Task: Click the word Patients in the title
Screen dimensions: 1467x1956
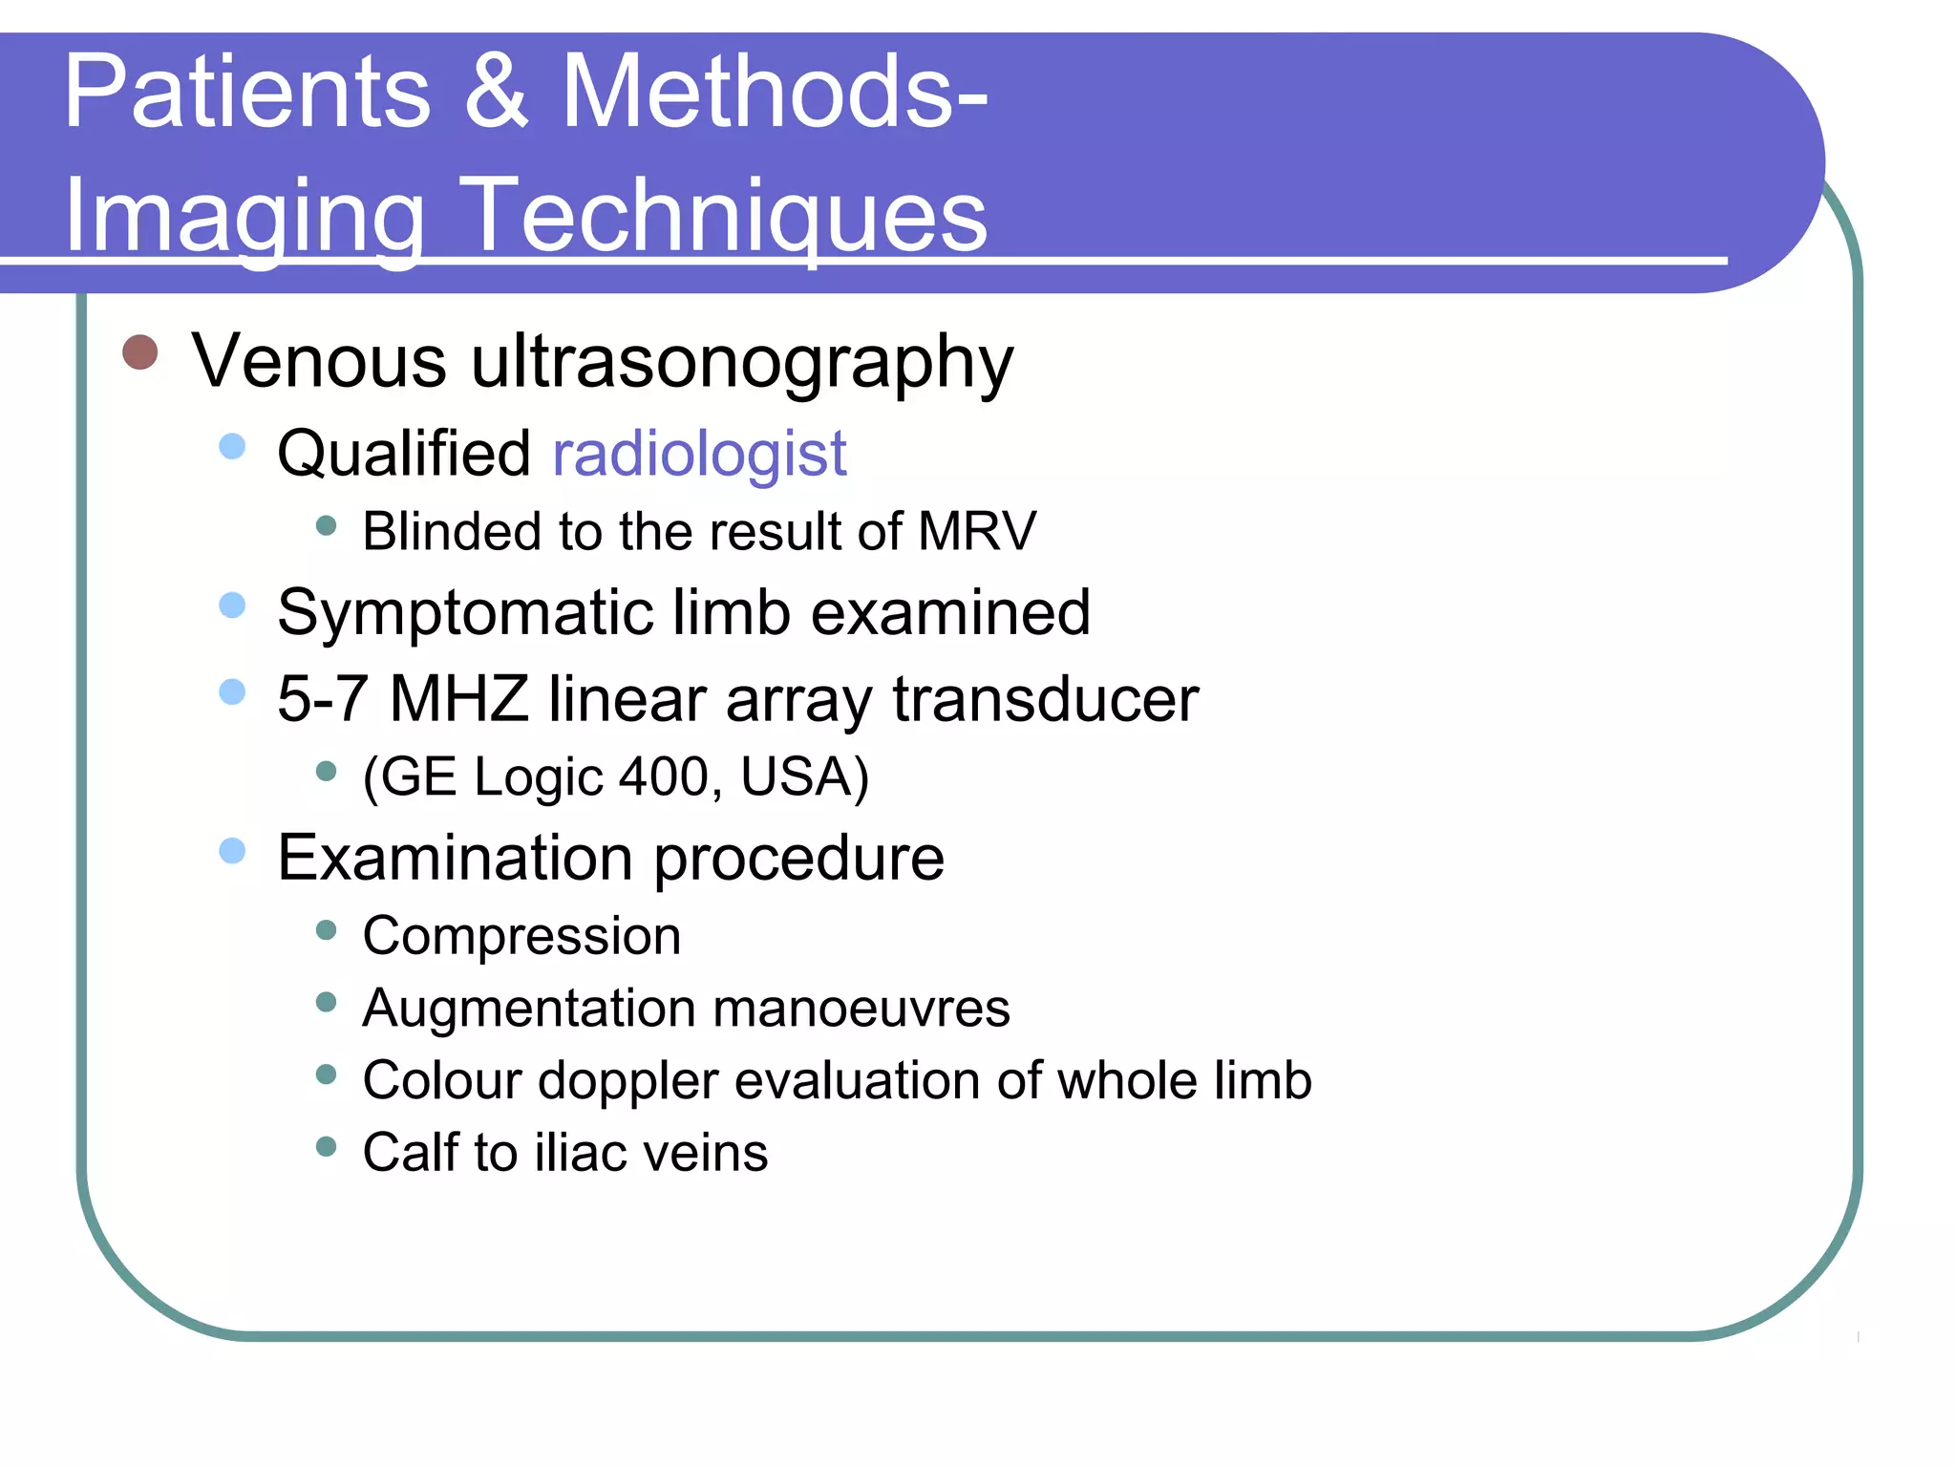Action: (x=246, y=92)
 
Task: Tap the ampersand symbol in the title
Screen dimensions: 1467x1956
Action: (x=496, y=92)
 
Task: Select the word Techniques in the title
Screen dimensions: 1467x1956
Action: (x=728, y=216)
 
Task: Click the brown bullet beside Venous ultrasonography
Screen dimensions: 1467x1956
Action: (x=140, y=351)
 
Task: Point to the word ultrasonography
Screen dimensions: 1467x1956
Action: (x=741, y=363)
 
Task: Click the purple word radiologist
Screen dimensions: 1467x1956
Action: (x=699, y=454)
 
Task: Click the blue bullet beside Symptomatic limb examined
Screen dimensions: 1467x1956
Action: (x=232, y=606)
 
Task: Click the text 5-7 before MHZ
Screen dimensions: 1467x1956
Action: (x=322, y=698)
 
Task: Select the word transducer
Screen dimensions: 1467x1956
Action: (x=1045, y=700)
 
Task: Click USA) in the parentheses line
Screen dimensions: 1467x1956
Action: (x=804, y=776)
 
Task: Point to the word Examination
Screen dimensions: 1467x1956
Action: (x=455, y=858)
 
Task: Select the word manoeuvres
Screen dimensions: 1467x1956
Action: (x=860, y=1009)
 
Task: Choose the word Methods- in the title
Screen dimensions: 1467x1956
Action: (x=774, y=92)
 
